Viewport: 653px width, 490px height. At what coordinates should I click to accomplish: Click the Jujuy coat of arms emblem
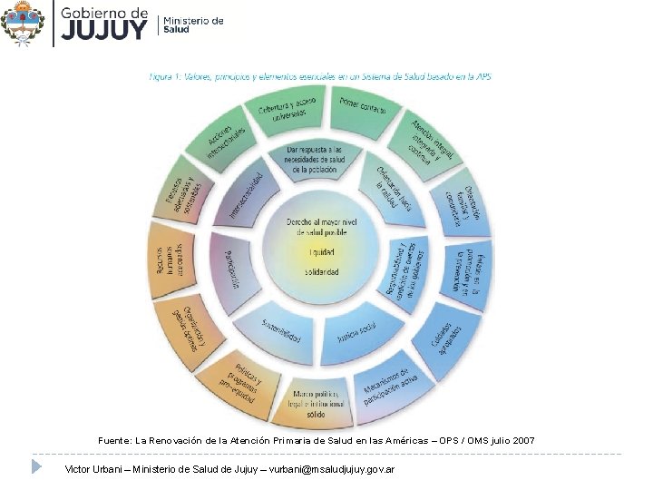(x=23, y=24)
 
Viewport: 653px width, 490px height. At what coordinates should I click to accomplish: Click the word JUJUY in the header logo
(x=102, y=31)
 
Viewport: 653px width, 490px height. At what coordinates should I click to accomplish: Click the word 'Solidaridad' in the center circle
(x=321, y=271)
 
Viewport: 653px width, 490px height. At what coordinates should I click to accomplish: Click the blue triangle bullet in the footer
(x=37, y=466)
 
